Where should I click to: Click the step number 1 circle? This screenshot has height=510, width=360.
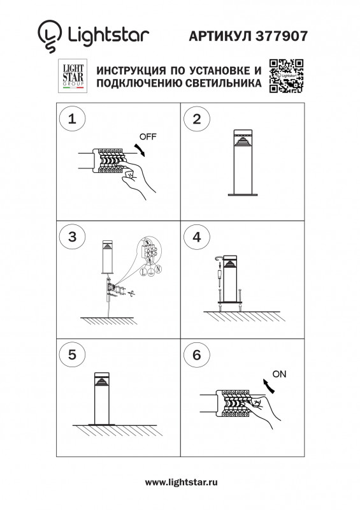73,119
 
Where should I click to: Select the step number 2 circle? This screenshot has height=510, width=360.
197,119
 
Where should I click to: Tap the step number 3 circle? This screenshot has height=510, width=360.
73,237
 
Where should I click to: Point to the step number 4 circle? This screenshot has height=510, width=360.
197,237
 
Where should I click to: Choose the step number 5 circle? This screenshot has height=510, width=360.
73,354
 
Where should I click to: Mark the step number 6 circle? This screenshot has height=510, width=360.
197,354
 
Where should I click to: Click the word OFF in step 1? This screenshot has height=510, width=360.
148,137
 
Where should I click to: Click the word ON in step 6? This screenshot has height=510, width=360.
279,374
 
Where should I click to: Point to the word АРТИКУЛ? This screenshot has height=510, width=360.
220,38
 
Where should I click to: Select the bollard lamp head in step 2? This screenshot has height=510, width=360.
241,141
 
